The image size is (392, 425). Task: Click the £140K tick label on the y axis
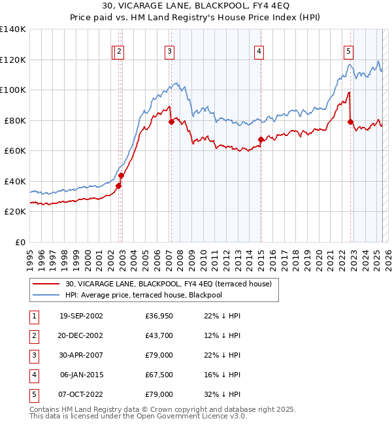pos(13,29)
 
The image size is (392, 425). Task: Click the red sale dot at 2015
pos(261,139)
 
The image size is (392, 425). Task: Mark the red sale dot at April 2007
pos(171,122)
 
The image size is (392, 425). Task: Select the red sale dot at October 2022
pos(351,122)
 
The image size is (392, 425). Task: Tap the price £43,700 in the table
pos(159,336)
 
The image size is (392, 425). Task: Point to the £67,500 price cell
pos(159,375)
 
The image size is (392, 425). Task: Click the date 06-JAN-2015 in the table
pos(81,375)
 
